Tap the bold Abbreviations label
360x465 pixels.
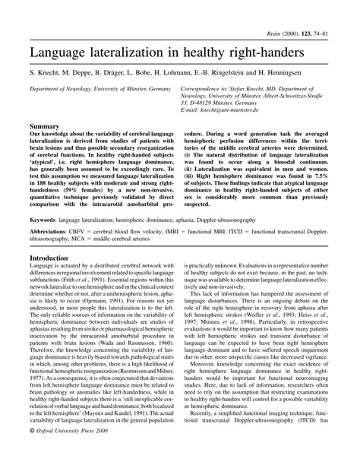[x=52, y=230]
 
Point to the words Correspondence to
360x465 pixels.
[x=207, y=88]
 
